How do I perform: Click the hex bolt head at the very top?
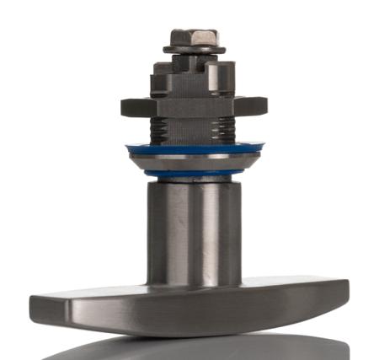(193, 37)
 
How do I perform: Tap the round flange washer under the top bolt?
(193, 50)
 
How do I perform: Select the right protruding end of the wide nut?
(254, 105)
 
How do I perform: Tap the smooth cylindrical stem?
(194, 228)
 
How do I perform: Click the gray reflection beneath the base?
(194, 347)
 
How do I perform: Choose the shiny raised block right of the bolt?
(217, 74)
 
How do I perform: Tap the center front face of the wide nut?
(193, 107)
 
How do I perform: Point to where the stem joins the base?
(194, 285)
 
